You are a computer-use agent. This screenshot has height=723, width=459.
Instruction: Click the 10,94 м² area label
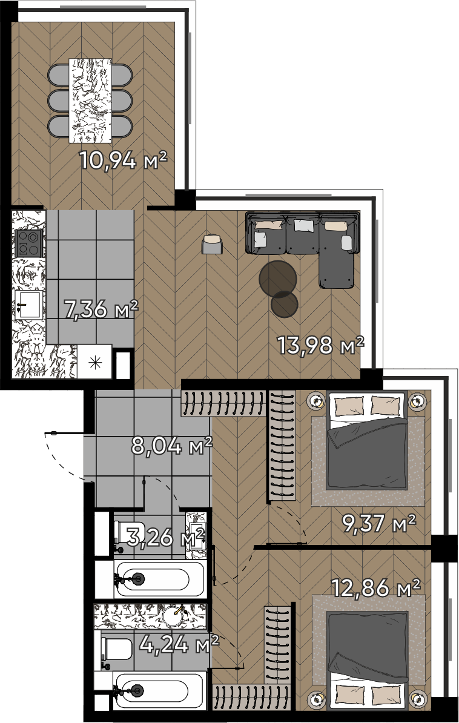click(123, 160)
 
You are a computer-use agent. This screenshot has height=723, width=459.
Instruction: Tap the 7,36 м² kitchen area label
click(101, 309)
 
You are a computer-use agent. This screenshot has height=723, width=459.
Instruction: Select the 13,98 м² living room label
click(320, 345)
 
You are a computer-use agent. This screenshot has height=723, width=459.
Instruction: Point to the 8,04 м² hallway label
click(171, 446)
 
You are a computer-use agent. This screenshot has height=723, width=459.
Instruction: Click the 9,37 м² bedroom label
click(378, 523)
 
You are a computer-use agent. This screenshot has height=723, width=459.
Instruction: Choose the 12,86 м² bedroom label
click(376, 588)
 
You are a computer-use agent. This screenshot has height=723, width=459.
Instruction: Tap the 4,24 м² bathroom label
click(179, 644)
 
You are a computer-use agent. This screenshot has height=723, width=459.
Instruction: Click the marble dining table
click(90, 101)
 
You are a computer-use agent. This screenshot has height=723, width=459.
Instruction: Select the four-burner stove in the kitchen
click(29, 243)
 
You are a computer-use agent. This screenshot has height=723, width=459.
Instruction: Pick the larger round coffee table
click(278, 279)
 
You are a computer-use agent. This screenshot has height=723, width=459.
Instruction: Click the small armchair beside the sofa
click(212, 245)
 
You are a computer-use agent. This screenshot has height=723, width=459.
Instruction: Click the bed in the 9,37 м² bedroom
click(367, 440)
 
